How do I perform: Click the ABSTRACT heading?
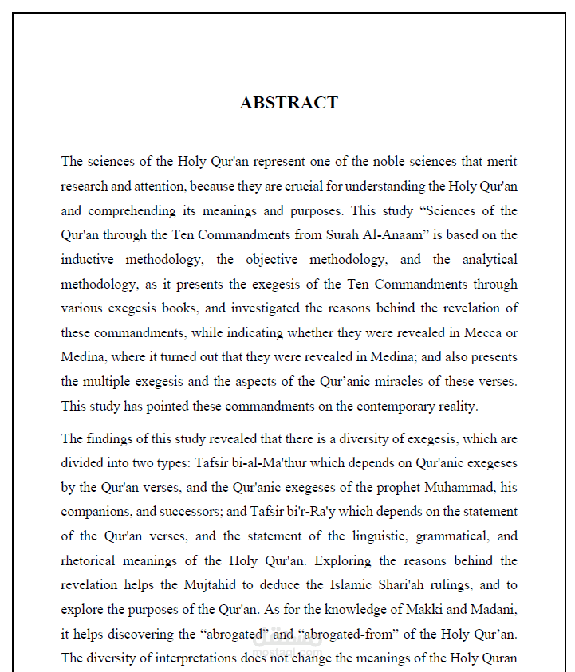tap(289, 103)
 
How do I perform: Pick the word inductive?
tap(88, 260)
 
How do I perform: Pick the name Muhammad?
tap(463, 487)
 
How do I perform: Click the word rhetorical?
tap(88, 561)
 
